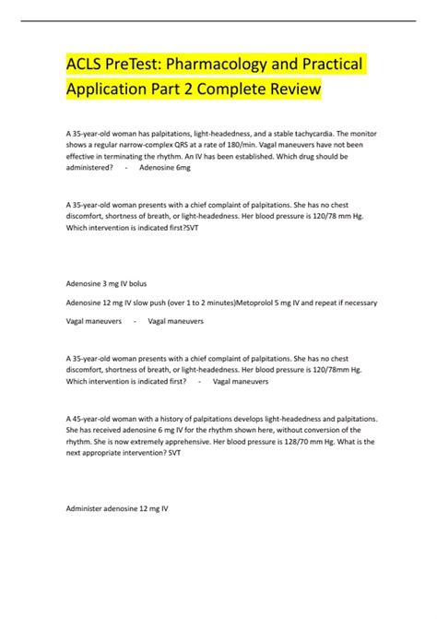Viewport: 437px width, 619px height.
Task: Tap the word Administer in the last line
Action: click(x=85, y=508)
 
